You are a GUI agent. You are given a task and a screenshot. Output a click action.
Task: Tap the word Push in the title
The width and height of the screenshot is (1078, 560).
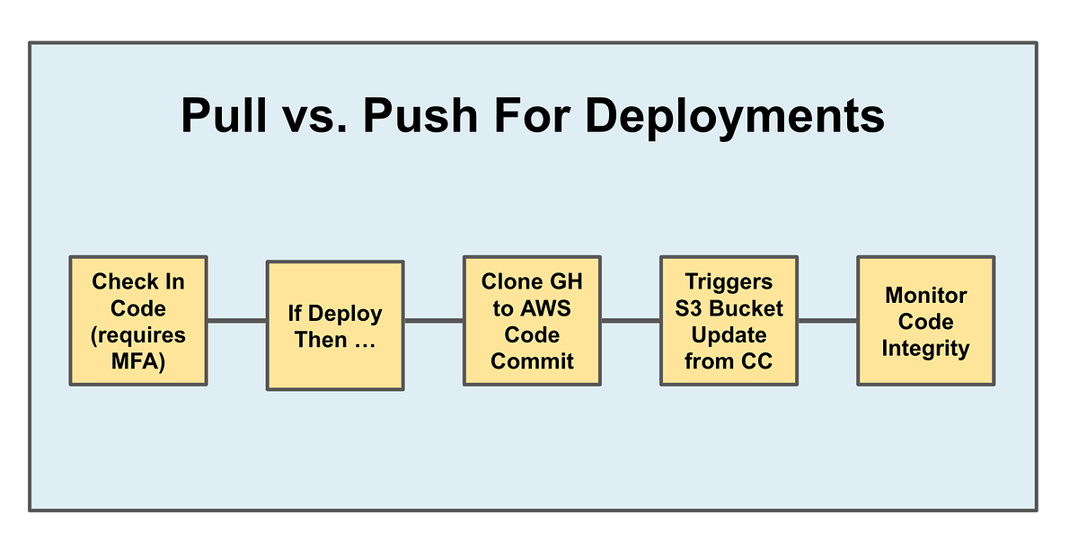pos(420,117)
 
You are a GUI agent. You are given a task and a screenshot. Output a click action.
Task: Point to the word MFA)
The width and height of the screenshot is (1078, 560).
pos(138,362)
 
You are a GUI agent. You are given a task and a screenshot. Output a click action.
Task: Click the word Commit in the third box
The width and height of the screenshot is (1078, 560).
pos(532,362)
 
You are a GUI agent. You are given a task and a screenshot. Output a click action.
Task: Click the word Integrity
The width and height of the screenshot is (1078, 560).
pos(925,349)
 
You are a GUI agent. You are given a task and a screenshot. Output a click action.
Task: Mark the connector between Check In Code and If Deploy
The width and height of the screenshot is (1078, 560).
pos(236,321)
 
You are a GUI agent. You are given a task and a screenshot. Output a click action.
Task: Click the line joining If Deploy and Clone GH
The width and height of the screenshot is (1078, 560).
pos(433,321)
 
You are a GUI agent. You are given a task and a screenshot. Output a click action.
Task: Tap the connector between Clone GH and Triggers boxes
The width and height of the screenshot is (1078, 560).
pos(630,321)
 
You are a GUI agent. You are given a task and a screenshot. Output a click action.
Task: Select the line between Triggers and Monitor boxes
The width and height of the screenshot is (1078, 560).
pos(826,321)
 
